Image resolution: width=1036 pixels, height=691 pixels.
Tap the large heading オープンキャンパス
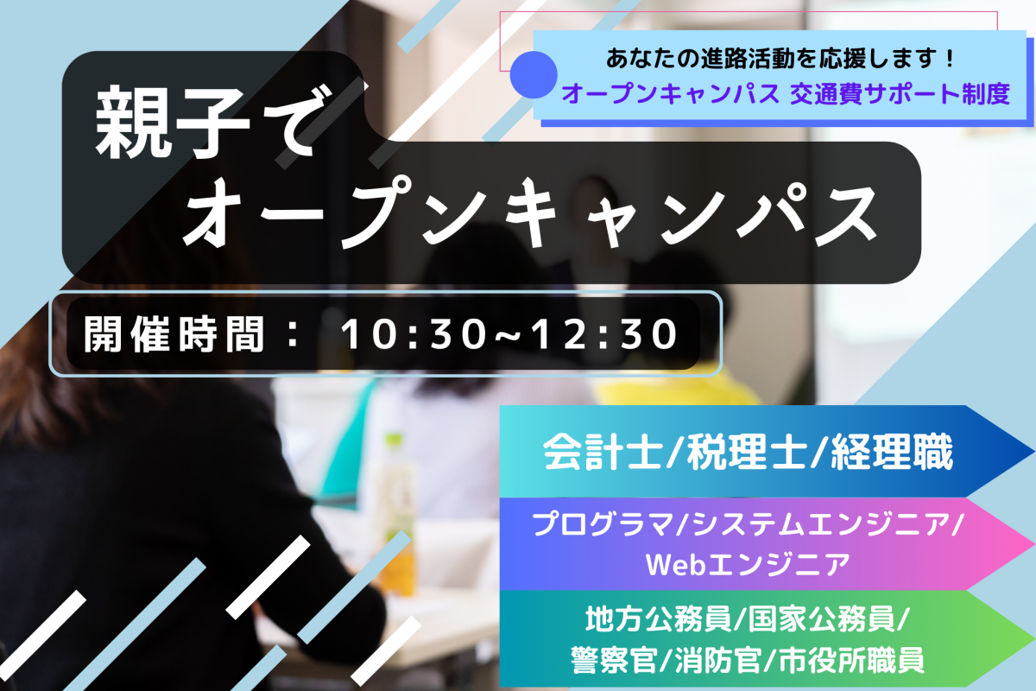point(530,213)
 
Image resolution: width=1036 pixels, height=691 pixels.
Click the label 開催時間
point(174,334)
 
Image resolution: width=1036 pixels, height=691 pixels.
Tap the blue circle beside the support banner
point(534,74)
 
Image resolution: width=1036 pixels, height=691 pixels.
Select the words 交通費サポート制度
point(900,94)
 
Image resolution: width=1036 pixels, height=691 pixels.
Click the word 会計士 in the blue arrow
point(602,452)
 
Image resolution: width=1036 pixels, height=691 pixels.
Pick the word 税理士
point(747,452)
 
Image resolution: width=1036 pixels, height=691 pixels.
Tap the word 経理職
point(892,452)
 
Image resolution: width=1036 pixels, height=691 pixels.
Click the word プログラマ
point(603,524)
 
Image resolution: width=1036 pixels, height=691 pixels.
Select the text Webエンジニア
point(748,564)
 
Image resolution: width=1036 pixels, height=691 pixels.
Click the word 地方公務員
point(658,618)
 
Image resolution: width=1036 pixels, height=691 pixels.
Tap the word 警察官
point(614,660)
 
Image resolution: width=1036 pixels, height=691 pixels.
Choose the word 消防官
point(717,660)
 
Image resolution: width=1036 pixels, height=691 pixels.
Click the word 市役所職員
point(852,660)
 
